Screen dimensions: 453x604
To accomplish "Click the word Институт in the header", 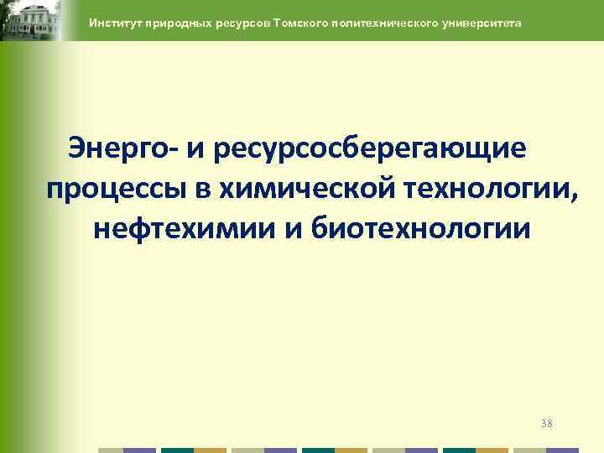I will pos(114,23).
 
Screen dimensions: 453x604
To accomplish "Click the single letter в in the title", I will pos(201,190).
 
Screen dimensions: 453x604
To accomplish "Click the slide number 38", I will pos(546,423).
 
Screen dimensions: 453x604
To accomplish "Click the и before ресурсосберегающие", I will pos(196,149).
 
